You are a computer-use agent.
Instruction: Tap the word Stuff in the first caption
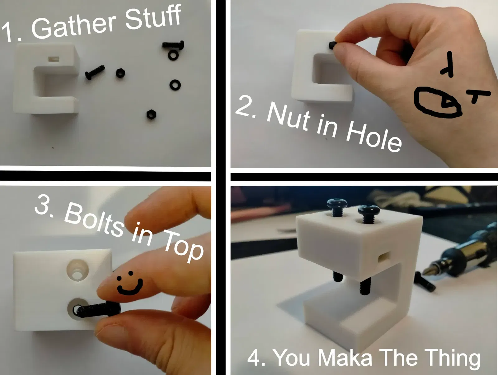click(153, 17)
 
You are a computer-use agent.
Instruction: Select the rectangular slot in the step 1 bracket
click(54, 59)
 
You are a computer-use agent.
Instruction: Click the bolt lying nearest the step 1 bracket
click(95, 72)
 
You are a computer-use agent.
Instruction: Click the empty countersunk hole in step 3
click(78, 271)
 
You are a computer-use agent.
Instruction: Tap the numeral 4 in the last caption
click(254, 358)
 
